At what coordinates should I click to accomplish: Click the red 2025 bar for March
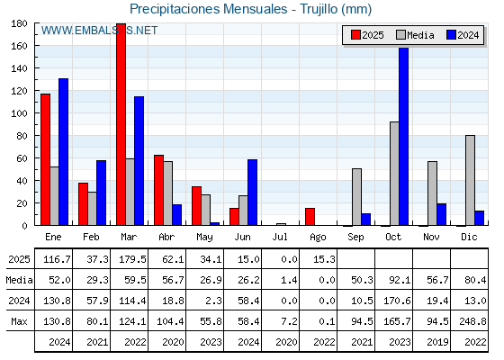(x=121, y=124)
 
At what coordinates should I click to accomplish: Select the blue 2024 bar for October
(x=404, y=136)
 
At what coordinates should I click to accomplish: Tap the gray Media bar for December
(x=470, y=180)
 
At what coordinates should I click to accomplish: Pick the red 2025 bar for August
(x=310, y=217)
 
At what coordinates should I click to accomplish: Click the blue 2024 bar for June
(x=252, y=193)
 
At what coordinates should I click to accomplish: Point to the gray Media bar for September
(x=356, y=197)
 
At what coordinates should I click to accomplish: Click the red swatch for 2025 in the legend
(x=355, y=35)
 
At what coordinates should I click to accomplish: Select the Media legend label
(x=420, y=35)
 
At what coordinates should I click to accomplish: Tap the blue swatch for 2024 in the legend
(x=451, y=35)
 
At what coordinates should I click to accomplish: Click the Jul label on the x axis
(x=280, y=238)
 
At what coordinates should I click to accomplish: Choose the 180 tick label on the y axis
(x=19, y=23)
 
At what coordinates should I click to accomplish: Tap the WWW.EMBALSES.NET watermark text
(x=99, y=31)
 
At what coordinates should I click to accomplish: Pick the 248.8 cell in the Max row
(x=472, y=321)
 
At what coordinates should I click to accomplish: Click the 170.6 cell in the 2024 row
(x=397, y=301)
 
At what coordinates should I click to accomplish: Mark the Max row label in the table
(x=19, y=321)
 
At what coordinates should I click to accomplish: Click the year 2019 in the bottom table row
(x=437, y=342)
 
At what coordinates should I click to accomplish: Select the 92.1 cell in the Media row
(x=400, y=280)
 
